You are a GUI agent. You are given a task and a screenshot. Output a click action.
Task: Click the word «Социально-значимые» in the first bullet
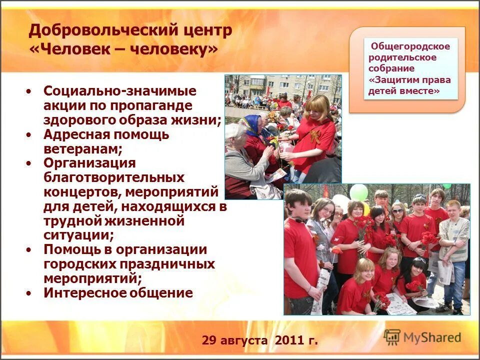[119, 91]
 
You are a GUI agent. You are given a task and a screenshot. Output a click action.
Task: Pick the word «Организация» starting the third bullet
[89, 163]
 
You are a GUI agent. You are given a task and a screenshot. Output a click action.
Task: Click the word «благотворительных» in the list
[113, 178]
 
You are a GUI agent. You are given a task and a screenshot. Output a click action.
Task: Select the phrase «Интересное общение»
[118, 293]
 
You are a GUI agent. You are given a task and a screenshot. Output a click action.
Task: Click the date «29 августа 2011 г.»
[259, 341]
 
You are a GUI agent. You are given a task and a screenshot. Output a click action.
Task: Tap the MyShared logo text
[432, 337]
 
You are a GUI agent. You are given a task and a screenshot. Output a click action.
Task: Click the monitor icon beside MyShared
[392, 336]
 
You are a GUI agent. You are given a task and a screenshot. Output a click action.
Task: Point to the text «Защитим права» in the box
[409, 80]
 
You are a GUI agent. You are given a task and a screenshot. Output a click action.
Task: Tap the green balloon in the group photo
[358, 192]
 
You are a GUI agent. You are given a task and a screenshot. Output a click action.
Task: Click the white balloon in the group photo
[341, 202]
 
